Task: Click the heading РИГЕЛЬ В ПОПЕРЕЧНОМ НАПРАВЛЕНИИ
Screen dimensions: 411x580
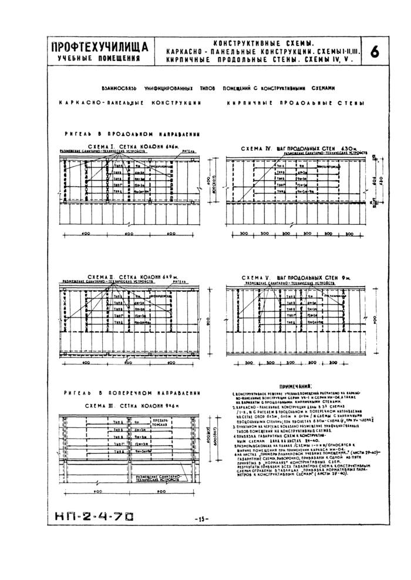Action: pos(127,392)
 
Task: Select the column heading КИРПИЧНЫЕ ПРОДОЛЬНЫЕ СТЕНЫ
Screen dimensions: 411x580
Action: pos(294,103)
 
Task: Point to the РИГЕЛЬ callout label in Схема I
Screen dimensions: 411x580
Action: pos(187,151)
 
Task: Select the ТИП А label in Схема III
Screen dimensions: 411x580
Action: pos(119,422)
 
